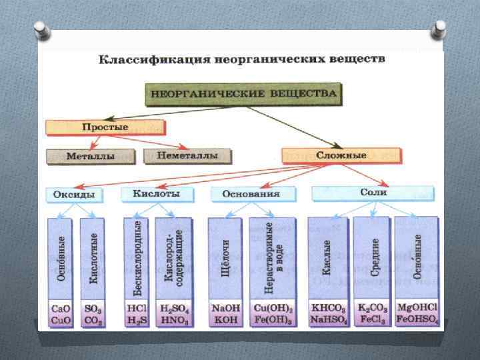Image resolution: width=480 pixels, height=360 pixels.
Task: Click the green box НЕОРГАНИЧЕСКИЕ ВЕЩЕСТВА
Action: [242, 94]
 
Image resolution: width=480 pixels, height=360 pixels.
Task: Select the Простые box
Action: [105, 127]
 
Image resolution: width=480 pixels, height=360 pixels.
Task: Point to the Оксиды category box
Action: [75, 195]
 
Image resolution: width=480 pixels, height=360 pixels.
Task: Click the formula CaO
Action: [60, 309]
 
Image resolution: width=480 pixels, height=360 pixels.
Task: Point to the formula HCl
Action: [137, 309]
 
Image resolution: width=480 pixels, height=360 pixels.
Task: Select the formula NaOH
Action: [223, 309]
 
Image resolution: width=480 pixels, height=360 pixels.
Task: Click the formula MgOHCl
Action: [417, 309]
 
